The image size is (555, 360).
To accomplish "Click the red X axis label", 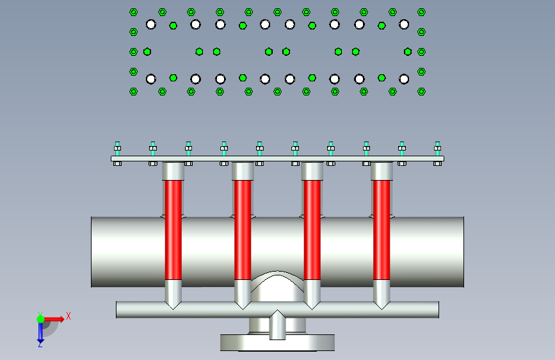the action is click(x=68, y=315).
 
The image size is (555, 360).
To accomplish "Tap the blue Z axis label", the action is click(x=40, y=344).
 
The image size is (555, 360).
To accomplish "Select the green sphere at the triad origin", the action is click(x=40, y=318).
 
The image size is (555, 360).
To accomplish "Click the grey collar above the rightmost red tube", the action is click(x=382, y=171).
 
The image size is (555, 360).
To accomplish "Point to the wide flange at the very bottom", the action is click(x=278, y=343).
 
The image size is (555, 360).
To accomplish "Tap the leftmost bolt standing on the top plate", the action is click(x=117, y=148).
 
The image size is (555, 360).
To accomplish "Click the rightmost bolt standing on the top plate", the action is click(x=438, y=148).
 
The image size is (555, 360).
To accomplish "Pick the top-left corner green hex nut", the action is click(x=133, y=12).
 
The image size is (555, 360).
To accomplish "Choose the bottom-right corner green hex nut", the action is click(x=421, y=92).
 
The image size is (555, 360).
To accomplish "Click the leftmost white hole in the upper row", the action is click(x=151, y=24).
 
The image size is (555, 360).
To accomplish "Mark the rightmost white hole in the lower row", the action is click(x=404, y=79).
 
